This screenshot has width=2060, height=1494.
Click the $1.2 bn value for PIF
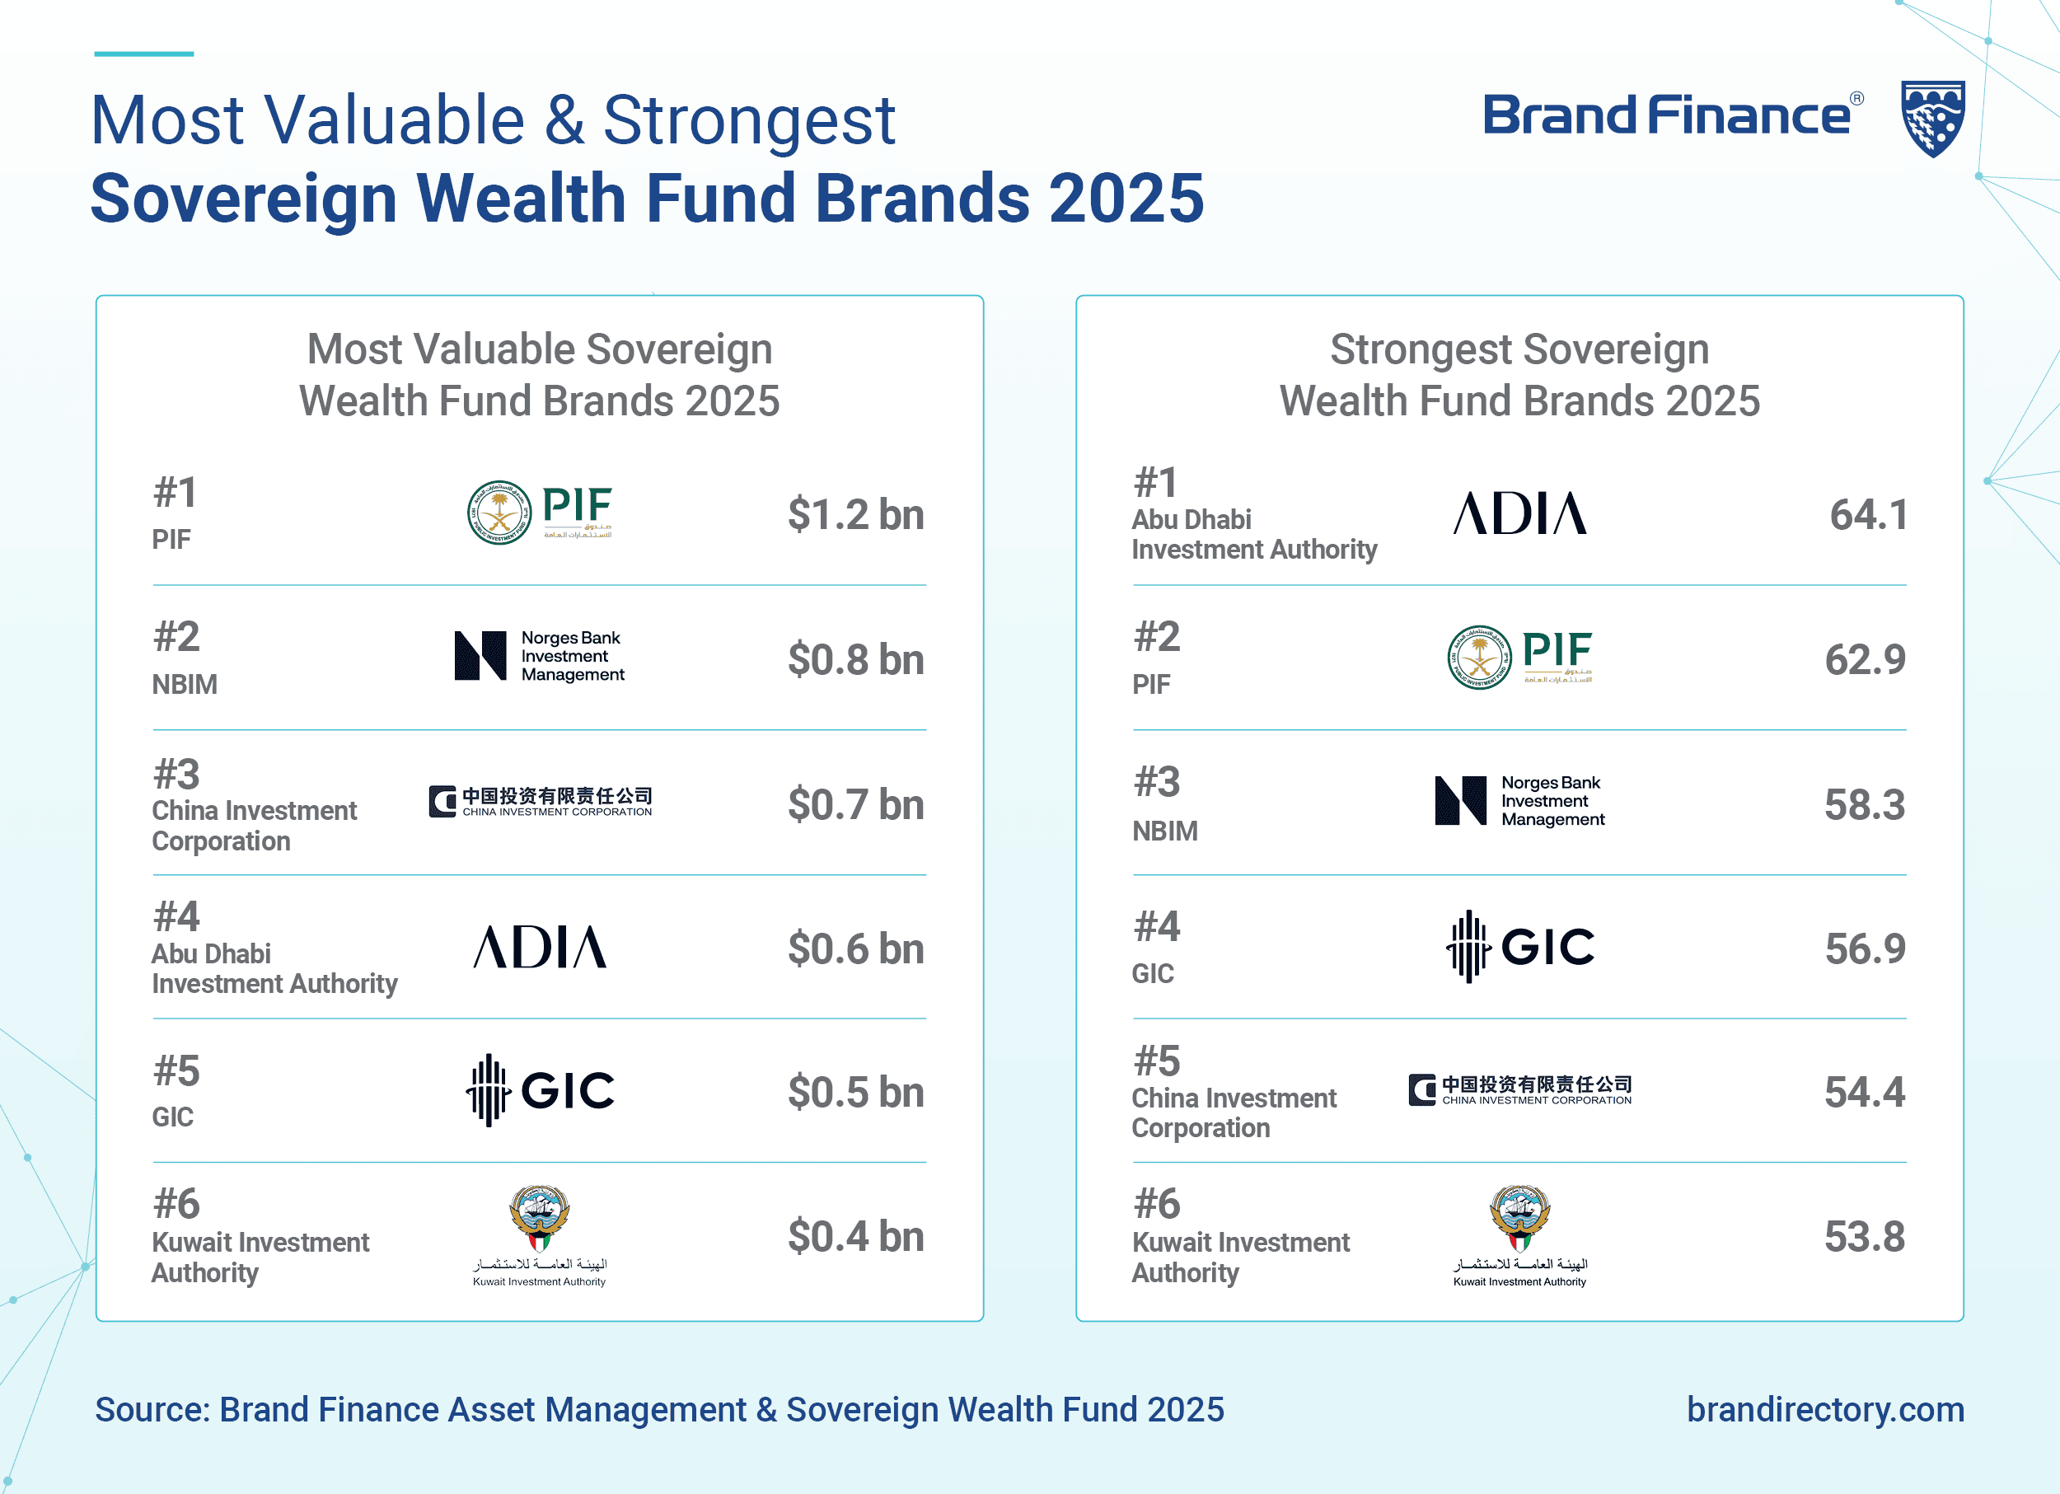[x=855, y=515]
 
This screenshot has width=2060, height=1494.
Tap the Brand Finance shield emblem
[x=1933, y=118]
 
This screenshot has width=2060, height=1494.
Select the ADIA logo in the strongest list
[x=1519, y=514]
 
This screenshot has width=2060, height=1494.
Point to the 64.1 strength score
[x=1867, y=515]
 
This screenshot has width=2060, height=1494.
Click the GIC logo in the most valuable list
[x=541, y=1090]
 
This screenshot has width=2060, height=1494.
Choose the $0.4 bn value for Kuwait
[x=855, y=1236]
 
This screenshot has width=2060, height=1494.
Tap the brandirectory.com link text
[x=1825, y=1410]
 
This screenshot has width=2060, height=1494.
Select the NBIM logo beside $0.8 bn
[x=540, y=656]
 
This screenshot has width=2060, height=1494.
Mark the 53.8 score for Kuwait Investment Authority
[x=1864, y=1236]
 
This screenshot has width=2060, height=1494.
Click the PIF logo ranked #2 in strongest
[x=1519, y=657]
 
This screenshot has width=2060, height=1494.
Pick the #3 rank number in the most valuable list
[x=176, y=775]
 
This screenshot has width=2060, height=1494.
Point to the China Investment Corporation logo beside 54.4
[x=1519, y=1090]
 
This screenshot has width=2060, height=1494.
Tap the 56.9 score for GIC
[x=1865, y=948]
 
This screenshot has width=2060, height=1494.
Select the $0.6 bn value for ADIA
[x=855, y=948]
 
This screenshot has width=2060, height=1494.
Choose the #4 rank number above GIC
[x=1156, y=926]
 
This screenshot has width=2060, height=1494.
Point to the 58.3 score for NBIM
[x=1864, y=804]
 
